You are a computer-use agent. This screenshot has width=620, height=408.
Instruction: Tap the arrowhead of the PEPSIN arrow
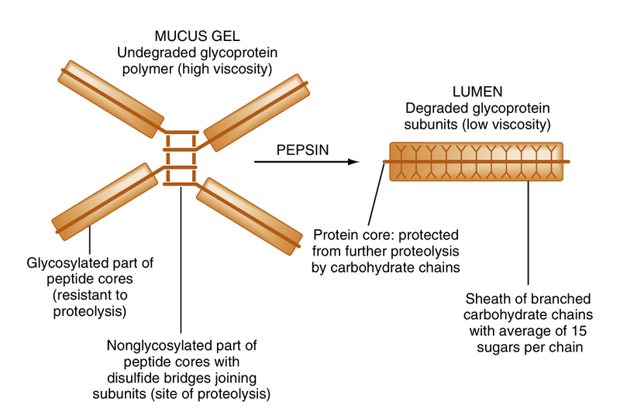pyautogui.click(x=353, y=162)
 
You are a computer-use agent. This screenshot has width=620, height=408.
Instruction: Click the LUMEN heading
pyautogui.click(x=477, y=91)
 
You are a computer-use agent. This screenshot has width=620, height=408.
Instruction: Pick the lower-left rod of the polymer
pyautogui.click(x=100, y=204)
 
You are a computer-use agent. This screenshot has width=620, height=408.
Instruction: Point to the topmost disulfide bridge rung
pyautogui.click(x=180, y=133)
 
